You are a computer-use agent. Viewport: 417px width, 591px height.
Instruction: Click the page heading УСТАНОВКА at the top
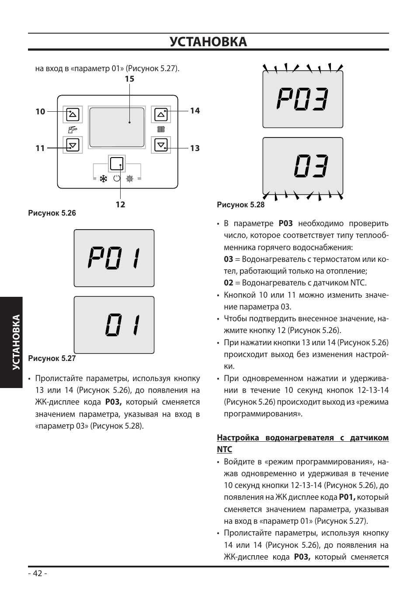208,42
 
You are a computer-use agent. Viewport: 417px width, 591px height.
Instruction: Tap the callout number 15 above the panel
129,79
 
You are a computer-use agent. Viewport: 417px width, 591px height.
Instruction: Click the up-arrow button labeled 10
73,115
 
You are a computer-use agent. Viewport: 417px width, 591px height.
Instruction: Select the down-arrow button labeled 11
73,145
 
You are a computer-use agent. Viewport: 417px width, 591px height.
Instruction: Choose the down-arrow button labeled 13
161,145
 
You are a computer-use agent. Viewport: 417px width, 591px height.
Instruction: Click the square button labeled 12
117,164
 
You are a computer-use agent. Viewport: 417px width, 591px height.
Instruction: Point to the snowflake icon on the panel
104,179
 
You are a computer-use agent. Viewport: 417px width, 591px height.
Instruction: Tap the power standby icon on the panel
117,179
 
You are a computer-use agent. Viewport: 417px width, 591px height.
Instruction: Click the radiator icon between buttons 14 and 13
161,130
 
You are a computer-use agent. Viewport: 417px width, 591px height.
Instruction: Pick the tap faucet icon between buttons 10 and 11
73,130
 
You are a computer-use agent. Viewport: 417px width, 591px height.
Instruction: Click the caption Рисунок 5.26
52,213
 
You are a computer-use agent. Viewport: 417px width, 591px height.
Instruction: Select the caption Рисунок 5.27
52,358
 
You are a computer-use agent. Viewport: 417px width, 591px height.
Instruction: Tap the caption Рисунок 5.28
241,204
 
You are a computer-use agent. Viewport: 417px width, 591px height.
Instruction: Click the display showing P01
114,258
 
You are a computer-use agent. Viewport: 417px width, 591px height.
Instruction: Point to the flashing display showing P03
302,100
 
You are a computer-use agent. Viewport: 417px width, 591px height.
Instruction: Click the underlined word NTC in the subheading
224,450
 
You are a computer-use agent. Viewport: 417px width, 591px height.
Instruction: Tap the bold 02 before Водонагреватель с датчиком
228,283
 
